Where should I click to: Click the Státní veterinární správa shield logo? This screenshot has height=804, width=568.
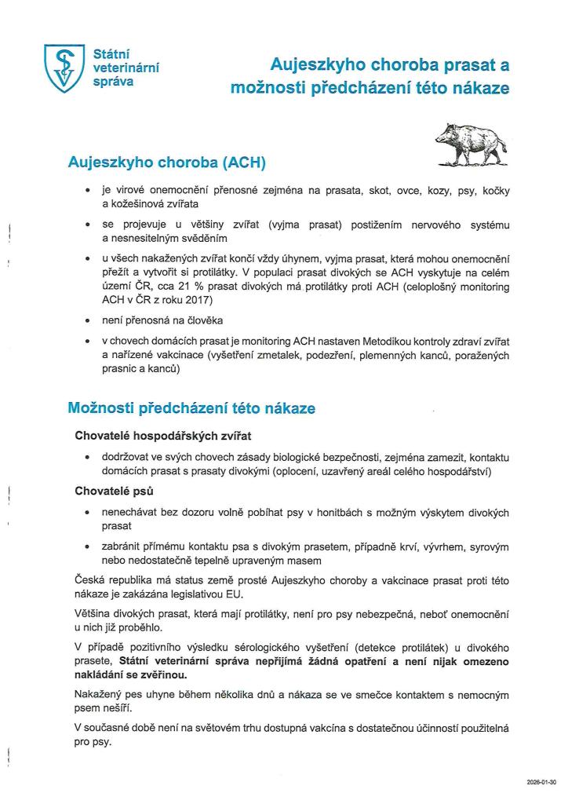click(64, 68)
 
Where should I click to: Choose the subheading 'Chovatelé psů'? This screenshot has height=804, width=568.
click(114, 492)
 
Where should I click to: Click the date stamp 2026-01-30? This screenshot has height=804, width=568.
click(541, 782)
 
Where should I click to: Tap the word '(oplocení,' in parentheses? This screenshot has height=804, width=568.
click(311, 470)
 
